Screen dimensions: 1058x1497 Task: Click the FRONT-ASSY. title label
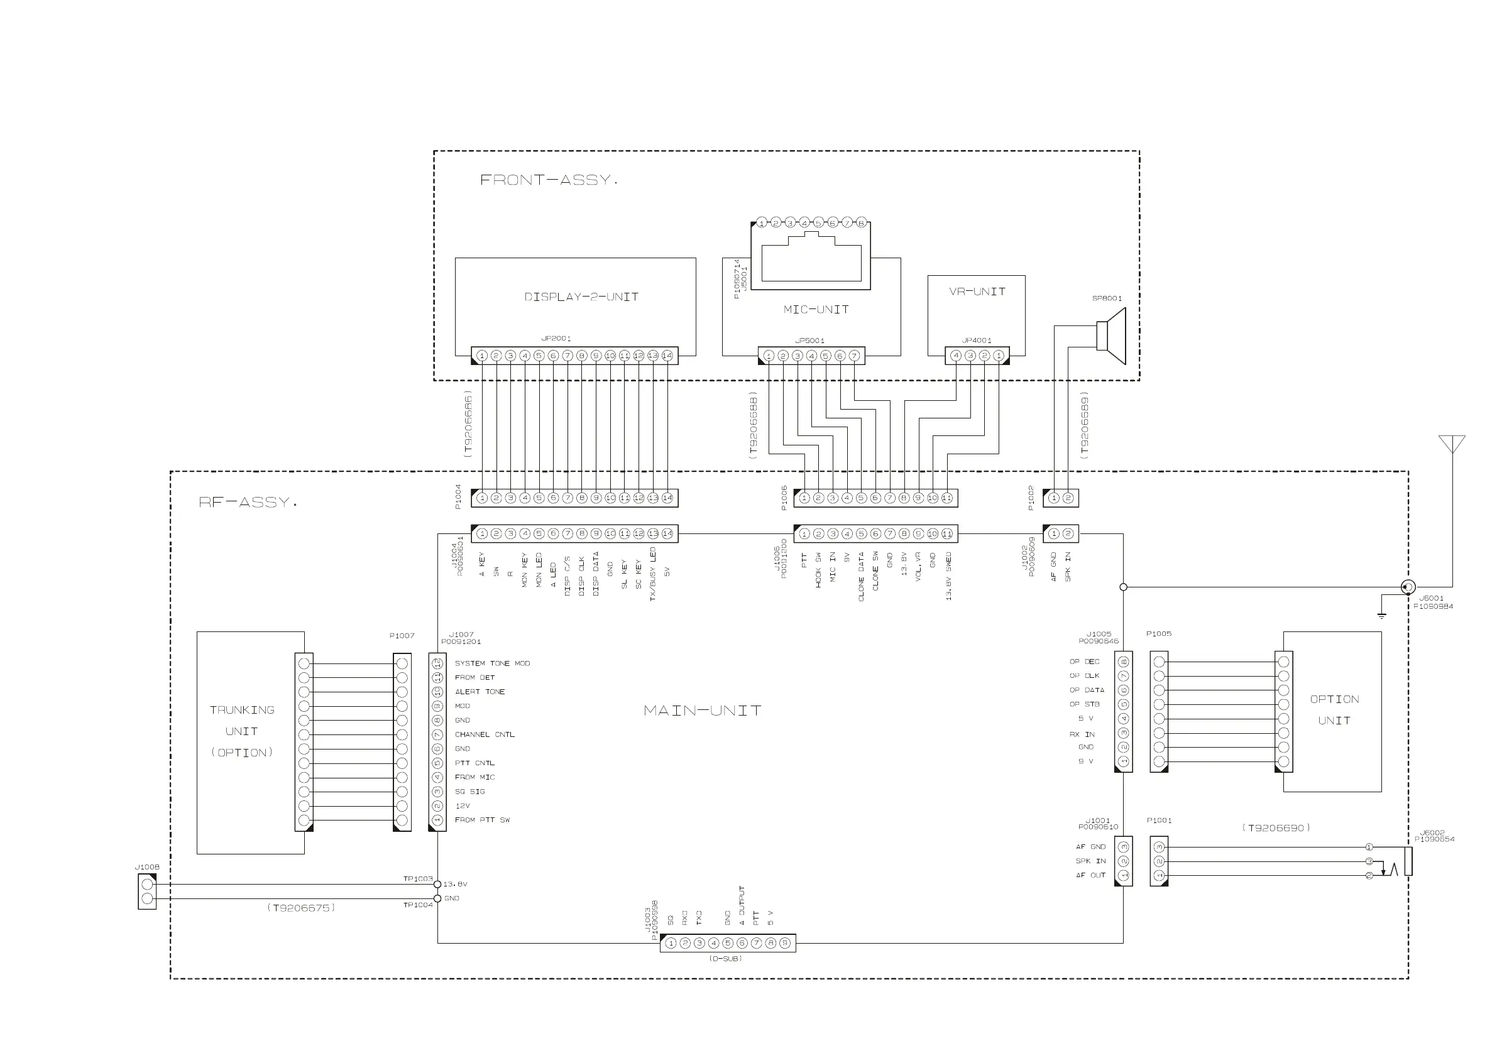(547, 180)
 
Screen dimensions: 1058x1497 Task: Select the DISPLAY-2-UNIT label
(581, 297)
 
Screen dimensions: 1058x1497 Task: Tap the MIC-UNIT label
(816, 310)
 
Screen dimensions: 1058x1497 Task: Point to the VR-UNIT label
(977, 292)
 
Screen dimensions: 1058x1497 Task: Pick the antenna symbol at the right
(1452, 445)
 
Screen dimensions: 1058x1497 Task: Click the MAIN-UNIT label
(702, 711)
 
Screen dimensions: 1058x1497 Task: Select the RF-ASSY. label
(248, 503)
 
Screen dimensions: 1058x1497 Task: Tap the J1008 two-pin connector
(147, 892)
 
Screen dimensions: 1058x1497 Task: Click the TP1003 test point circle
(437, 885)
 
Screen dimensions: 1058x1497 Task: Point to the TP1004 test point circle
(437, 899)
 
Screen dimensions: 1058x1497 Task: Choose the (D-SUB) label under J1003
(725, 959)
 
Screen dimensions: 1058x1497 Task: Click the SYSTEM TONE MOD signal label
(492, 663)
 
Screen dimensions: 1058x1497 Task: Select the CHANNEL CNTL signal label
(485, 734)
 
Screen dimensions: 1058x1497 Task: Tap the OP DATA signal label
(1087, 690)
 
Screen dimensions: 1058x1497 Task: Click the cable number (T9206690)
(1276, 828)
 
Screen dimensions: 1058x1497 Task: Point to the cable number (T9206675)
(300, 907)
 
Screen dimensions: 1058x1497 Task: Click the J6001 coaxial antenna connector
(1408, 587)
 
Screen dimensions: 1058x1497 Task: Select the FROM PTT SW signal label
(483, 820)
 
